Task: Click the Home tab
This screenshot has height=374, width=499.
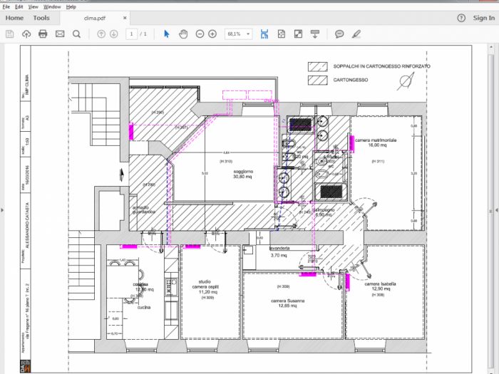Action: tap(14, 18)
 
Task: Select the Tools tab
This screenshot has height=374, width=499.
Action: tap(41, 18)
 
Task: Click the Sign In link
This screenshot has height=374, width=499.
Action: tap(483, 18)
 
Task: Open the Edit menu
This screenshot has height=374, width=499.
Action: tap(19, 6)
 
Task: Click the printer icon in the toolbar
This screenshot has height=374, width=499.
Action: tap(43, 33)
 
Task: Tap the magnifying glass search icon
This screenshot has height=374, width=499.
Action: tap(76, 33)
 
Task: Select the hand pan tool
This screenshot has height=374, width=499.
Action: tap(183, 33)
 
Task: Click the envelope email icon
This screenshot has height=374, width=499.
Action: tap(60, 33)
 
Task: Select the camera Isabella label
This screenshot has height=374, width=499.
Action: tap(378, 284)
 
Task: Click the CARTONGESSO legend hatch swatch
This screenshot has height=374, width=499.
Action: tap(317, 80)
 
